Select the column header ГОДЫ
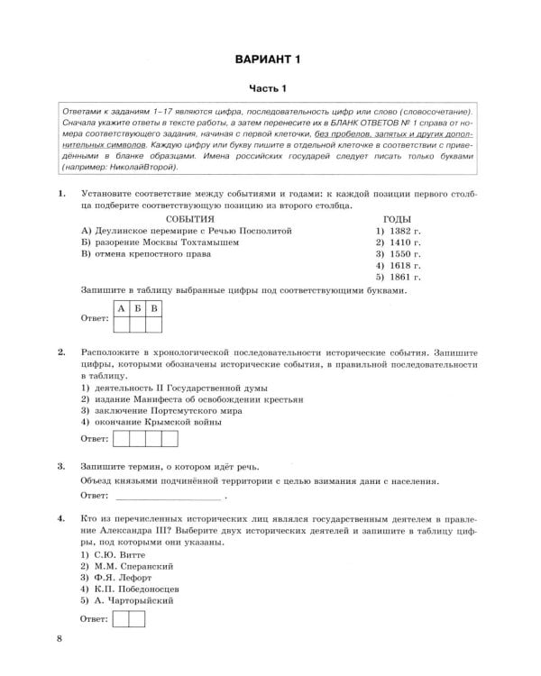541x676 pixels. coord(398,219)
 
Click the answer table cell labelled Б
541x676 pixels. coord(137,309)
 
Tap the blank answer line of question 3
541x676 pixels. coord(168,497)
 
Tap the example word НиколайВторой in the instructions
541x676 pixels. coord(141,168)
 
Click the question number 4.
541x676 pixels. coord(60,520)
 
